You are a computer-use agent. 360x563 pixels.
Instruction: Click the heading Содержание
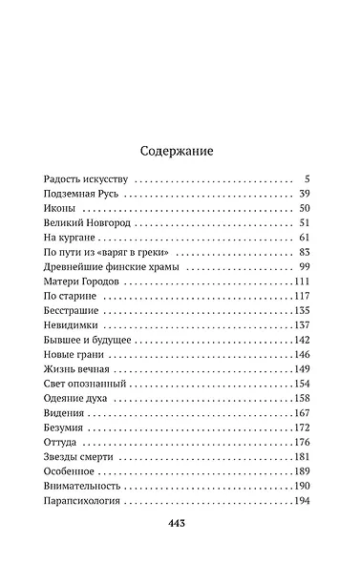[180, 150]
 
